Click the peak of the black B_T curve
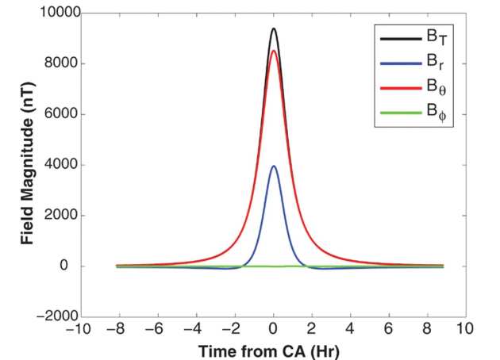(x=274, y=29)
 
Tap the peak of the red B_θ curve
(x=274, y=52)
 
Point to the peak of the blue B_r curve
(x=274, y=167)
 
